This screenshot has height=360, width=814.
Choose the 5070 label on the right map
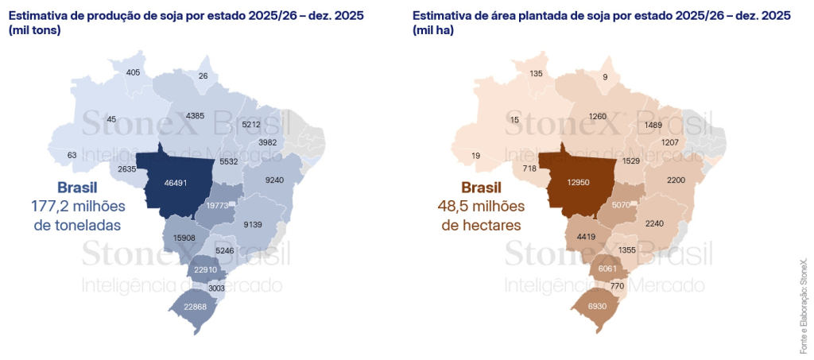(621, 205)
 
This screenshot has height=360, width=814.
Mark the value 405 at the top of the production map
(134, 73)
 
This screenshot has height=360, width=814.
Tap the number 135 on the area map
(536, 73)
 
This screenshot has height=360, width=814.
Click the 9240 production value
(273, 180)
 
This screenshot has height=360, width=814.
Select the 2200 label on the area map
(676, 180)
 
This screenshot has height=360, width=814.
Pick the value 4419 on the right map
(587, 236)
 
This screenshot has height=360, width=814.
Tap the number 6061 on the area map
(607, 269)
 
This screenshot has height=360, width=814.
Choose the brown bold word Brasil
(482, 188)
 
